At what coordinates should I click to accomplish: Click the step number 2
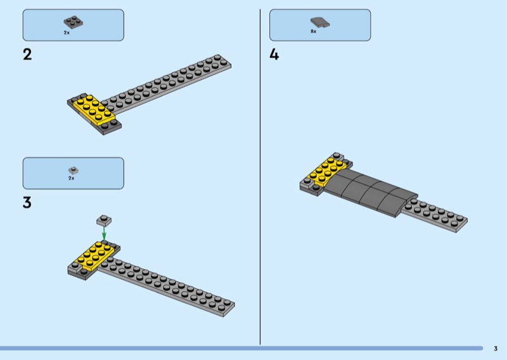point(27,55)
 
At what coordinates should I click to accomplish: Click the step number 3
point(27,203)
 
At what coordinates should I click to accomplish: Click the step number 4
point(274,55)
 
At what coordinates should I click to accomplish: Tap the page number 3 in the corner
point(496,348)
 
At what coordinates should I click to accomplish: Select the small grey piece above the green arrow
point(104,219)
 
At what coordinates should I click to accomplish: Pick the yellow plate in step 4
point(325,170)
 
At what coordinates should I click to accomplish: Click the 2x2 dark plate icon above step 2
point(74,22)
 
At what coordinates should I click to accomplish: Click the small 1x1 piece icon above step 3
point(73,170)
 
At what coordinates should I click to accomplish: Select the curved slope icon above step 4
point(320,22)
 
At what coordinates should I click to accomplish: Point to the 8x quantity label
point(313,31)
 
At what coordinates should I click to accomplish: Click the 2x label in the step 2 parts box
point(67,32)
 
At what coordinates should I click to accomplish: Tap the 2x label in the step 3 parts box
point(72,179)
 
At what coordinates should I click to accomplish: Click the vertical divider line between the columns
point(260,177)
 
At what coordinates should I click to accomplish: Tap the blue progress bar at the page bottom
point(241,348)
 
